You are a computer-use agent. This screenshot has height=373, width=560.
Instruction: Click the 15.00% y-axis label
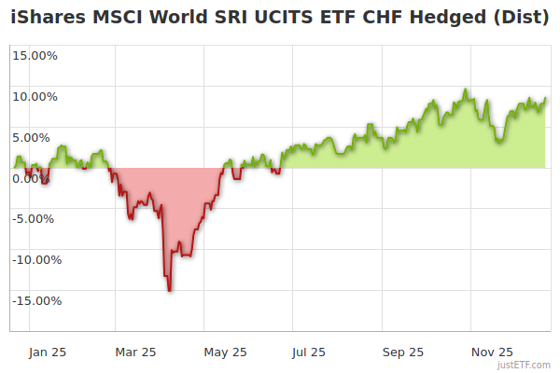35,55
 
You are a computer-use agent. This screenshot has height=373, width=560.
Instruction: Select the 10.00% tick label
35,96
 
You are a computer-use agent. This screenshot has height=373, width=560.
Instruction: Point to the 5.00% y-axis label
37,137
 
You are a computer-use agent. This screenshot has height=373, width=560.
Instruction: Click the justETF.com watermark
524,366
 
